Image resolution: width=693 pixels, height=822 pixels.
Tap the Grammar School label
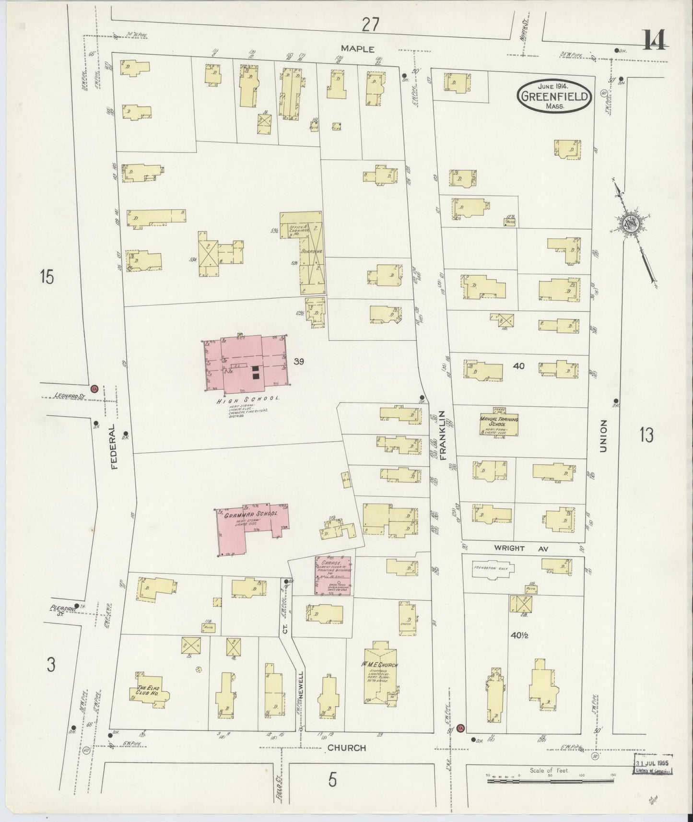click(250, 514)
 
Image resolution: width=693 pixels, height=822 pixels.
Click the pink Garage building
click(332, 575)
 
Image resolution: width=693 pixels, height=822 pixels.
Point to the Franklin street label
click(443, 435)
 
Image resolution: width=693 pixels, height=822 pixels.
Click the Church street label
click(347, 761)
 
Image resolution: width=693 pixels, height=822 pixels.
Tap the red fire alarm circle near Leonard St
click(94, 388)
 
